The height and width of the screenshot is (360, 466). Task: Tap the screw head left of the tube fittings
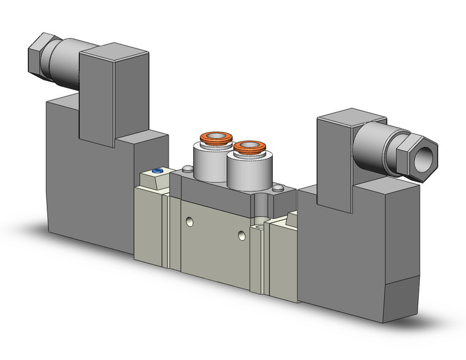coord(185,169)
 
